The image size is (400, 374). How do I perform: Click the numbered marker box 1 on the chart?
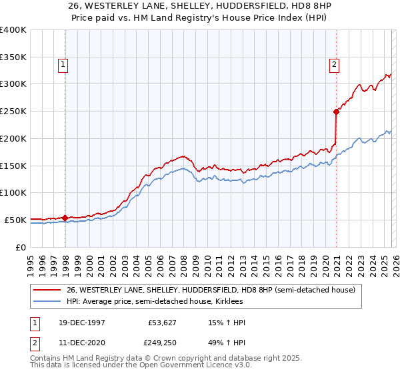[x=62, y=65]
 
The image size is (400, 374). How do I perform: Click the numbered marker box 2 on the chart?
[x=333, y=65]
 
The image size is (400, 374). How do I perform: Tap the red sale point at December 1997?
[x=65, y=217]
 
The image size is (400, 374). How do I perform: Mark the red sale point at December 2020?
[x=337, y=112]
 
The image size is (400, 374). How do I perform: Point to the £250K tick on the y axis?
[x=13, y=111]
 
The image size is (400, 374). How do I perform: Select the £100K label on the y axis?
[x=13, y=192]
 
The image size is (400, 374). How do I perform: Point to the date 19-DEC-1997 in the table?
[x=81, y=323]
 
